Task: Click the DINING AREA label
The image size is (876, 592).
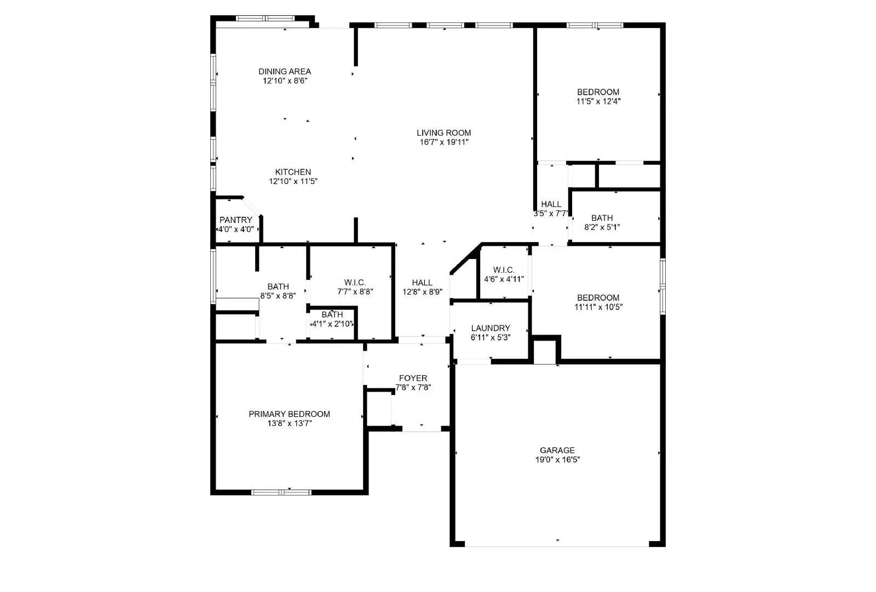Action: coord(285,71)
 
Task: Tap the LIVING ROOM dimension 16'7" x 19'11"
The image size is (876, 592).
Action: coord(443,142)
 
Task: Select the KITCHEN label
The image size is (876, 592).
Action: coord(293,172)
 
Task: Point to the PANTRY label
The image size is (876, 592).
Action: coord(236,220)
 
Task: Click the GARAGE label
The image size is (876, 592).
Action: coord(557,450)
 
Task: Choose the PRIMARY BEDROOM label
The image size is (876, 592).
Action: coord(289,414)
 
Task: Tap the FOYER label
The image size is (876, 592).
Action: coord(413,378)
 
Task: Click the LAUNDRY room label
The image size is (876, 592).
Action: coord(491,328)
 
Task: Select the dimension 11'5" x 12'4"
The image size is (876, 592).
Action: coord(598,101)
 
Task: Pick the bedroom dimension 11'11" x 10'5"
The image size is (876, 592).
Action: coord(598,307)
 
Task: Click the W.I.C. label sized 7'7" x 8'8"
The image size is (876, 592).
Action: coord(355,283)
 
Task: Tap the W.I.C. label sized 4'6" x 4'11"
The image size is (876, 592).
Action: coord(504,270)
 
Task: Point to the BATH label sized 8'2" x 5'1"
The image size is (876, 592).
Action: coord(602,218)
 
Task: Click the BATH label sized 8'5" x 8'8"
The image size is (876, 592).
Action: coord(278,286)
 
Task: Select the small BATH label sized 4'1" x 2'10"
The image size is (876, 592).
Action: coord(332,314)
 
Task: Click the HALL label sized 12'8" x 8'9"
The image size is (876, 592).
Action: coord(422,283)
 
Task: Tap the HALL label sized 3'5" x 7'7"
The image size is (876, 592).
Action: coord(551,204)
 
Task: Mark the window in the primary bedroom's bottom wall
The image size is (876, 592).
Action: coord(281,492)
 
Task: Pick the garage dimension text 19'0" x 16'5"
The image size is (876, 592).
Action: coord(557,460)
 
